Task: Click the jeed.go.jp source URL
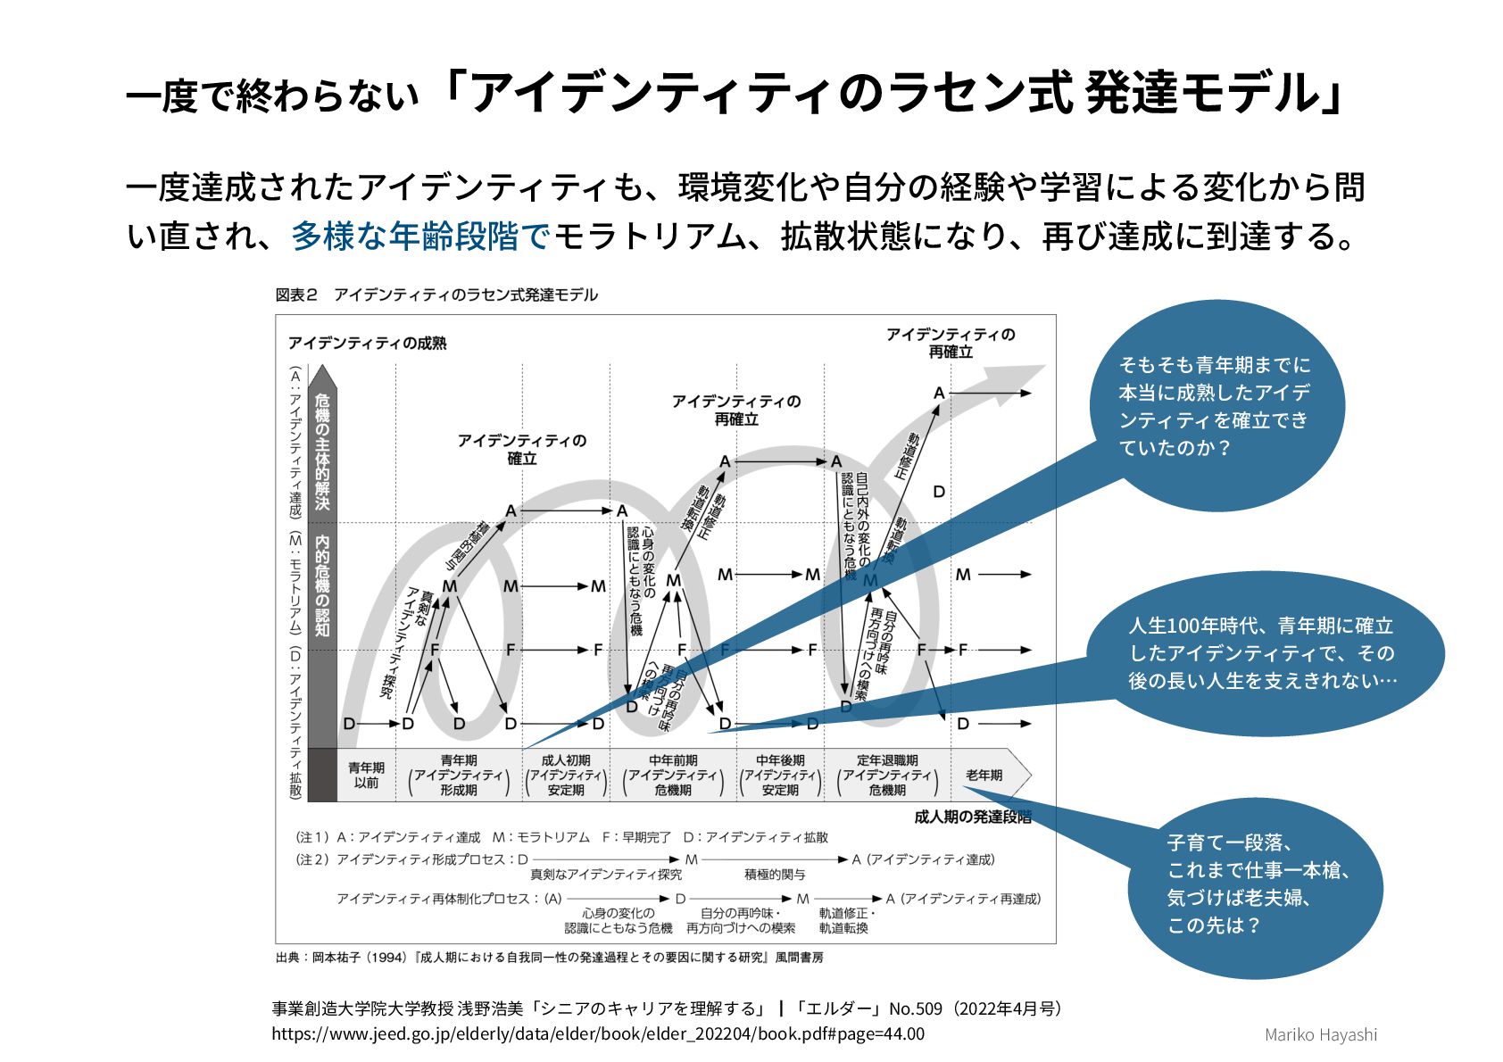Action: point(598,1034)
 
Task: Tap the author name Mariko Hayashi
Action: point(1320,1035)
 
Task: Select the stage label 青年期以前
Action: point(366,775)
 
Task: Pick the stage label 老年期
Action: point(984,775)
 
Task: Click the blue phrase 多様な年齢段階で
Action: point(419,236)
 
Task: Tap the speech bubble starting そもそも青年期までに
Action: point(1214,406)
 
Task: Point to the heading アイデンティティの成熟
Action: point(367,343)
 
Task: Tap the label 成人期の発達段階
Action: point(972,817)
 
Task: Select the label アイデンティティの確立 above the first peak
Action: point(521,449)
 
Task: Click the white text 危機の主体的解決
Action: point(321,452)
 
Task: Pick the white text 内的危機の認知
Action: point(321,585)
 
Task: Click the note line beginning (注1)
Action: point(561,837)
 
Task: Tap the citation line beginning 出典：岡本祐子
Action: point(549,958)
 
